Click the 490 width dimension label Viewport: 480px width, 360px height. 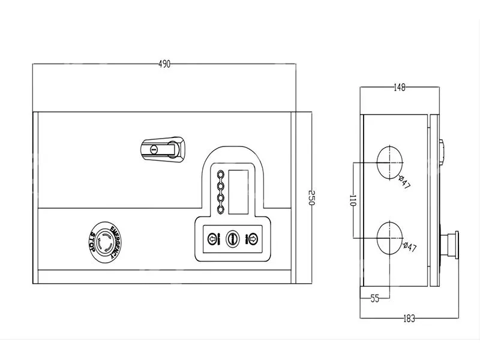(164, 64)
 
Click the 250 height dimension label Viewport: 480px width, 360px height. (311, 199)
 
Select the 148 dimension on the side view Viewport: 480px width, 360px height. (400, 88)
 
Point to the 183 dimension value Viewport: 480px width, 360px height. (409, 319)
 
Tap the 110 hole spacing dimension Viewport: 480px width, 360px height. (353, 201)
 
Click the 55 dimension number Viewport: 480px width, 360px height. (375, 298)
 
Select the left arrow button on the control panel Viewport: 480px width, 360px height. (212, 239)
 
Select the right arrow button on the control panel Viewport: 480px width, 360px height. (253, 239)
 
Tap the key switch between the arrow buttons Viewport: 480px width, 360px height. (232, 239)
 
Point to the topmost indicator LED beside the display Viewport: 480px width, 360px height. (220, 176)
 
